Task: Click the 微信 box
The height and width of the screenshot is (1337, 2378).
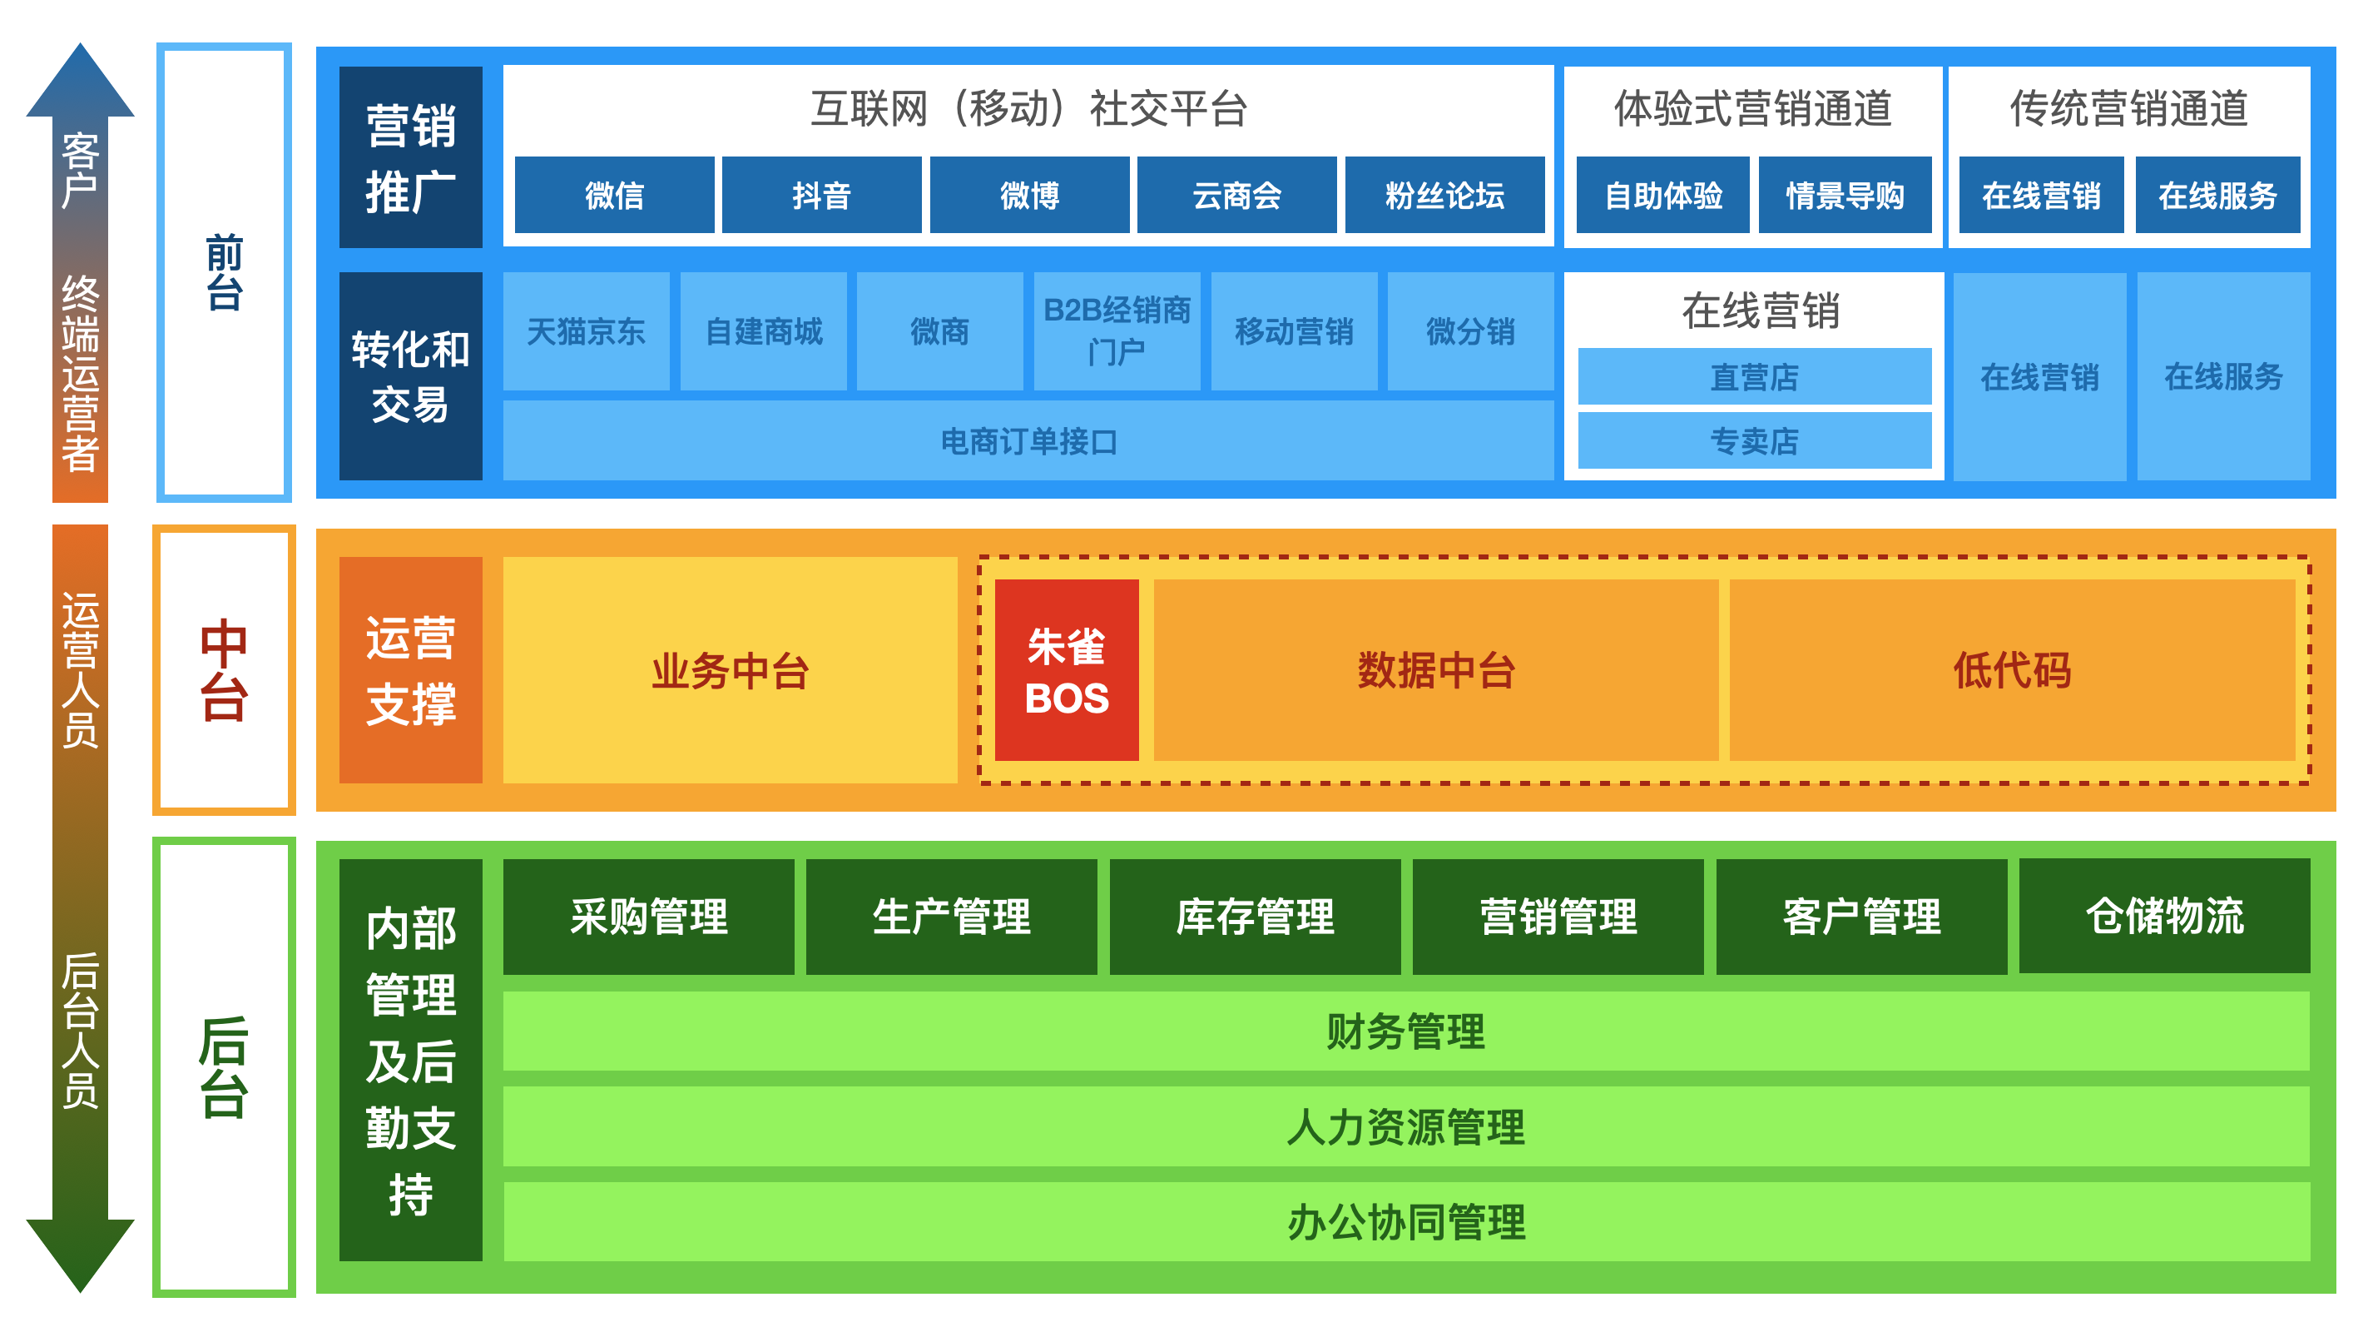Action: coord(614,195)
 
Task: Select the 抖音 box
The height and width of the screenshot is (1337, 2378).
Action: coord(820,195)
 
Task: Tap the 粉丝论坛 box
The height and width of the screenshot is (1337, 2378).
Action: coord(1444,195)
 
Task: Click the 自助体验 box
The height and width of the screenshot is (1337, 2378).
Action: coord(1662,195)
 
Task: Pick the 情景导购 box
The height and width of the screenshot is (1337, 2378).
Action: coord(1844,195)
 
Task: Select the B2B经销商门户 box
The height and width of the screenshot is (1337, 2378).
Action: coord(1116,331)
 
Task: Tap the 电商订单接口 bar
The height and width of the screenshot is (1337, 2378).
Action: coord(1028,440)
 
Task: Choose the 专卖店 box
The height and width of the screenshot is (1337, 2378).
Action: coord(1753,440)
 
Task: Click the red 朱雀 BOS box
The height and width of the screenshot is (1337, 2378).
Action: coord(1065,670)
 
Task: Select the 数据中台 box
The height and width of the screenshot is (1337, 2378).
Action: coord(1434,670)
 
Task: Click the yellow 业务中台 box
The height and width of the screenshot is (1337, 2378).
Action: coord(729,670)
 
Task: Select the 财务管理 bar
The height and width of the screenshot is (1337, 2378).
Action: coord(1405,1031)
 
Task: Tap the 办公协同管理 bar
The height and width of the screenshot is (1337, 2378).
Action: coord(1405,1220)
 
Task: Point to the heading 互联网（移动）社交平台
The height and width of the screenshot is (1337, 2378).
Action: coord(1028,109)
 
